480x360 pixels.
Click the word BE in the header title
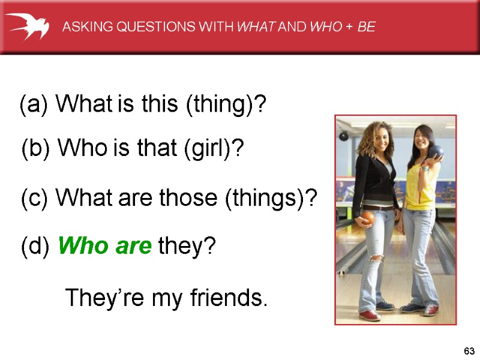click(x=366, y=27)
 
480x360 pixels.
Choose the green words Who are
click(x=105, y=245)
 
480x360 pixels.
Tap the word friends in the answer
click(x=227, y=297)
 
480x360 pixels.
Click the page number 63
click(x=469, y=350)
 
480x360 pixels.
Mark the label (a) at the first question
click(x=35, y=106)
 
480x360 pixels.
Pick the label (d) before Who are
click(x=36, y=245)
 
